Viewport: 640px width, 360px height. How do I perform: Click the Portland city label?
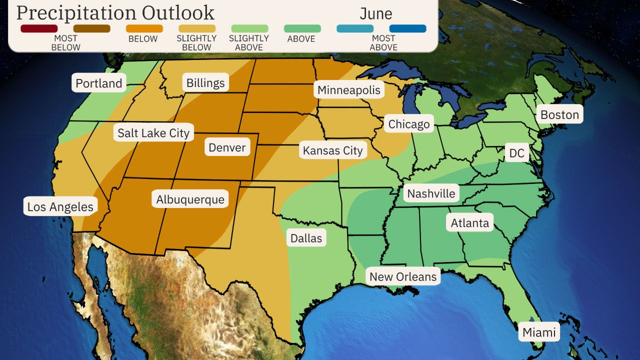click(99, 83)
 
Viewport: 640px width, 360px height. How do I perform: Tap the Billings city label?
click(205, 82)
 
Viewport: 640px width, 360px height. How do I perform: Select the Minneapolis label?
click(349, 90)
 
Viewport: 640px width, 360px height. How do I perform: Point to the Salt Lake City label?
click(153, 133)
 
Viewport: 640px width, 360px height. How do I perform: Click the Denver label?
click(227, 147)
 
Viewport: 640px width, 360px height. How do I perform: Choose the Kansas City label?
click(332, 150)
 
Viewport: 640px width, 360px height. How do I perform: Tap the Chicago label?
click(409, 124)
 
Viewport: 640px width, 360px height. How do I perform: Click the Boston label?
click(559, 114)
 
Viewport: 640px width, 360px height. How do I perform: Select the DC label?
click(516, 153)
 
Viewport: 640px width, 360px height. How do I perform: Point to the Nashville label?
click(431, 193)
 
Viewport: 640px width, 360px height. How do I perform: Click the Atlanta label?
click(469, 222)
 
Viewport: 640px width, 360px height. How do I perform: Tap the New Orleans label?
click(403, 276)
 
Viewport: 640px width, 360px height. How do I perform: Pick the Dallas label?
click(306, 238)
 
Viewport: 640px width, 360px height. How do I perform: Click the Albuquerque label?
click(190, 199)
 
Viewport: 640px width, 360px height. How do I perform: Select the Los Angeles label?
click(60, 206)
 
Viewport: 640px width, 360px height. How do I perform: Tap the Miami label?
click(539, 332)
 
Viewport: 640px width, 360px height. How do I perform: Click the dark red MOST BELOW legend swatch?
click(39, 28)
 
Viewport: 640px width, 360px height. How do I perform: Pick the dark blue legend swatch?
click(407, 28)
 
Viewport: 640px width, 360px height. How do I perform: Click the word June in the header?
click(376, 13)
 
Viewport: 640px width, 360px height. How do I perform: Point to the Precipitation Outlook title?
click(115, 12)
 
